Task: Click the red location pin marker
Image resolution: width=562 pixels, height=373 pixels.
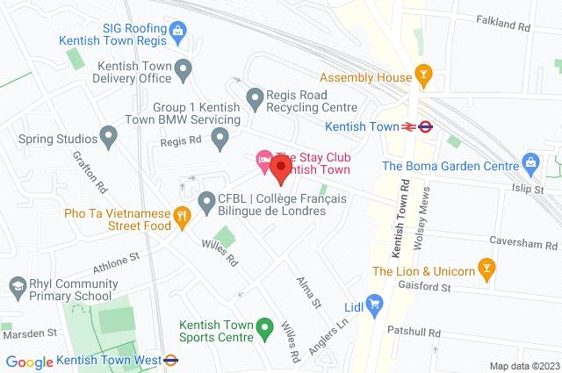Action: click(280, 167)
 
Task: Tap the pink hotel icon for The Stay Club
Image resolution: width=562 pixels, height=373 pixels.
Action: click(263, 161)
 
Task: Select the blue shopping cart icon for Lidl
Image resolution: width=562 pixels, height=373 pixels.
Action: click(375, 306)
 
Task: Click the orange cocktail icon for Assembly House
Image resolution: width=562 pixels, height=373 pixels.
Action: click(424, 77)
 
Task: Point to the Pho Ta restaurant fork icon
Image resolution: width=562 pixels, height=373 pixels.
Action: click(182, 214)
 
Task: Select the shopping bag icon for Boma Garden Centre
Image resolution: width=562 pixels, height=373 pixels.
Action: click(530, 162)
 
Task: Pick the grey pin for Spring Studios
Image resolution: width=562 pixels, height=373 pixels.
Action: click(108, 137)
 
